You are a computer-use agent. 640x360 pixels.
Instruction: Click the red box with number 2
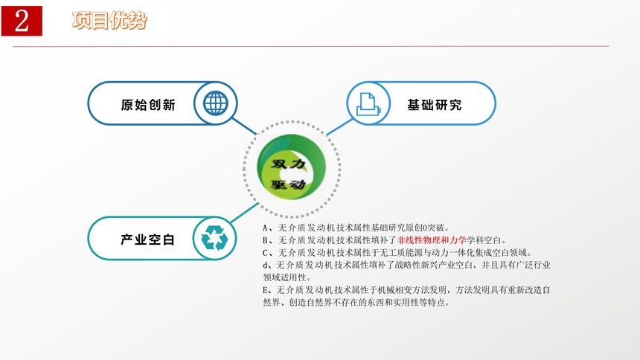click(x=22, y=21)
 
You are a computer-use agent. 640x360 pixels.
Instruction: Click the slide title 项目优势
click(x=109, y=20)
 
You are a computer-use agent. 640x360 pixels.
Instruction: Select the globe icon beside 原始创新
click(x=216, y=103)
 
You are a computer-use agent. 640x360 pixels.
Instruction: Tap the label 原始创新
click(x=148, y=105)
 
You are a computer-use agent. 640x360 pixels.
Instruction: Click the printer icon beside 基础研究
click(x=368, y=104)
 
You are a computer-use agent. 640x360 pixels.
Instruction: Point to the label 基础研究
click(x=435, y=105)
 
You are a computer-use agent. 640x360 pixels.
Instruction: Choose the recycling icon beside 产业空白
click(x=214, y=238)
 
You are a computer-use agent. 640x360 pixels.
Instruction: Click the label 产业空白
click(x=148, y=240)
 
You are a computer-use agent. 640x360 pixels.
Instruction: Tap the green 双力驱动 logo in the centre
click(x=291, y=167)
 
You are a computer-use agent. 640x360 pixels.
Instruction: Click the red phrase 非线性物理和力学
click(x=432, y=240)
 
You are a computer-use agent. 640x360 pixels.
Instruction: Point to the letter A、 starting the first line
click(x=268, y=228)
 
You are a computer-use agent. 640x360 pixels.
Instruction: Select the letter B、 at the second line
click(x=268, y=240)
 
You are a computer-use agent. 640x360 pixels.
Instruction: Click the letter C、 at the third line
click(x=268, y=253)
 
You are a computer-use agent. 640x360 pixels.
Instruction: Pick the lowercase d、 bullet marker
click(x=268, y=266)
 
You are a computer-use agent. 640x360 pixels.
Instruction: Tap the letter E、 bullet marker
click(x=268, y=290)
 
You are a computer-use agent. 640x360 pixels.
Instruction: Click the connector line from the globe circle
click(x=245, y=126)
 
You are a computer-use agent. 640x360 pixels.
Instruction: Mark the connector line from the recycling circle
click(x=244, y=213)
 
